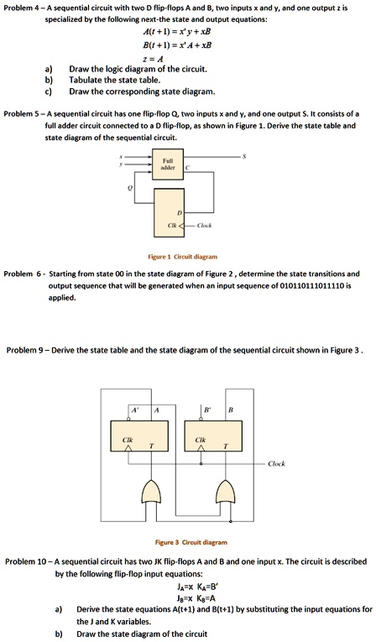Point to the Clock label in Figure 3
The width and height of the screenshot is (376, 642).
pos(277,463)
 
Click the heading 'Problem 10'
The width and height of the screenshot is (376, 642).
pos(27,560)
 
